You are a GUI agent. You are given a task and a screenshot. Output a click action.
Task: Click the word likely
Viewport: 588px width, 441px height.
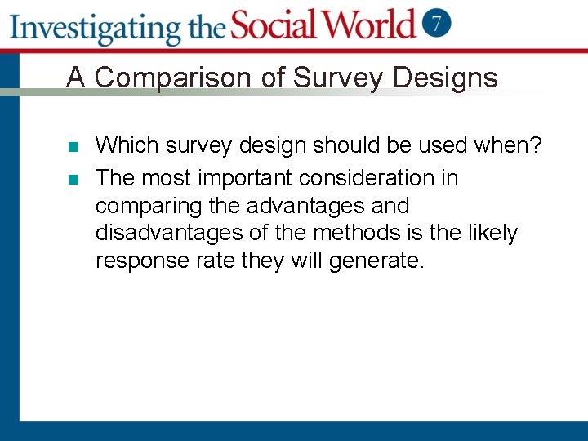click(x=492, y=234)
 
